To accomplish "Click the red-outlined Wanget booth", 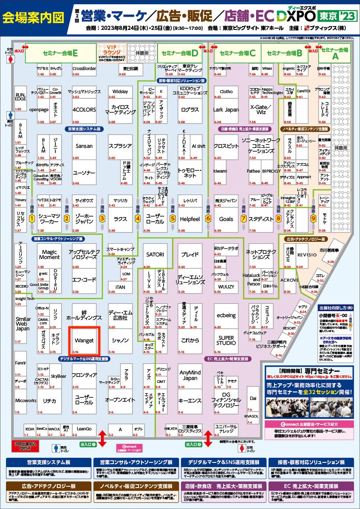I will point(84,341).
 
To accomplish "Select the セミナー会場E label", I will point(60,53).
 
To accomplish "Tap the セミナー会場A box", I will point(335,53).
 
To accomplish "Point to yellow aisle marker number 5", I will point(173,218).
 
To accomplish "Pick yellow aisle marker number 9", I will point(313,218).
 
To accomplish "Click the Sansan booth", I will point(84,147).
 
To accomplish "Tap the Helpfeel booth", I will point(190,219).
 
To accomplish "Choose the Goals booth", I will point(226,219).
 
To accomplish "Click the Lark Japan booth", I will point(226,110).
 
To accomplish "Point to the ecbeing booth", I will point(226,316).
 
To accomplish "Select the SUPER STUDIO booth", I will point(226,340).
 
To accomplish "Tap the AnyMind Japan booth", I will point(190,375).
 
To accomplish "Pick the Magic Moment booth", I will point(49,255).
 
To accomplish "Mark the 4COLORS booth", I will point(84,110).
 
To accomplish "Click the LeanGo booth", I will point(84,429).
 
